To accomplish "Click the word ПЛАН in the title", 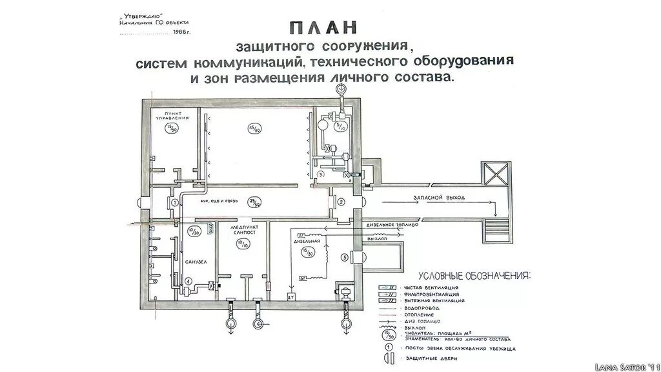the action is tap(323, 29).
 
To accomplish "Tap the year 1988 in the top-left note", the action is tap(183, 31).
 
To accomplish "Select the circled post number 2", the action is tap(341, 201).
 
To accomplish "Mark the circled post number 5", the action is tap(345, 258).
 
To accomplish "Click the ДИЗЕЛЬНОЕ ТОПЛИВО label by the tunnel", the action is tap(394, 225).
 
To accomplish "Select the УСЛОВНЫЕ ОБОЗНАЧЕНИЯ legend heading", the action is tap(474, 275).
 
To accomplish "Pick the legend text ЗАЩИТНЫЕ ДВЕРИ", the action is tap(429, 357).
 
